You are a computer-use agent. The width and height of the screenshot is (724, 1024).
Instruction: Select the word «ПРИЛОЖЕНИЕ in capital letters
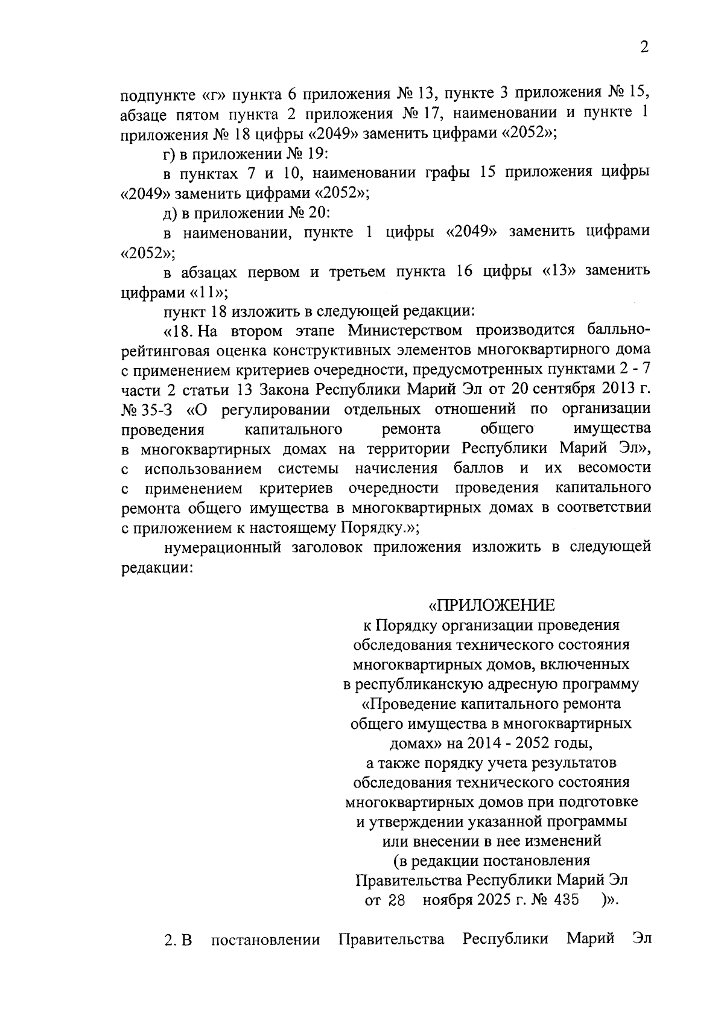pyautogui.click(x=491, y=605)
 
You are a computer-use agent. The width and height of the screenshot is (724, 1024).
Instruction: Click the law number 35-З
pyautogui.click(x=157, y=409)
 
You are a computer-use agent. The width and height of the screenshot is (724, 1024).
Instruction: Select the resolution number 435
pyautogui.click(x=565, y=900)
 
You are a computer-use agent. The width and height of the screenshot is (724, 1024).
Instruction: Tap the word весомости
pyautogui.click(x=614, y=468)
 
